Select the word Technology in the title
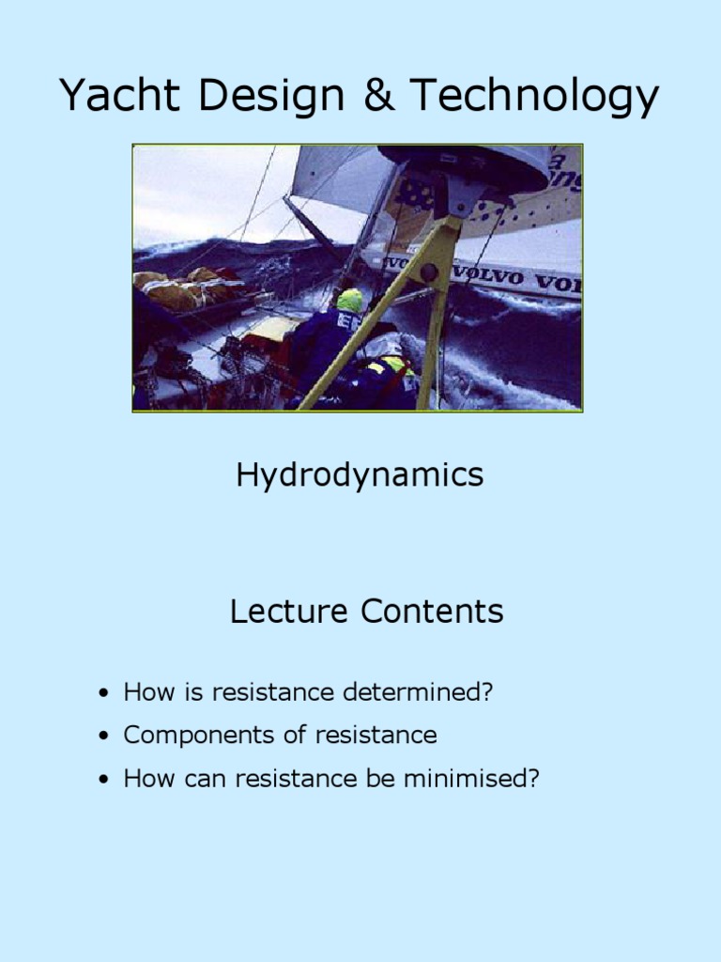coord(534,98)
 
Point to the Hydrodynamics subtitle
coord(360,475)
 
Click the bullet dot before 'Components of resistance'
coord(103,737)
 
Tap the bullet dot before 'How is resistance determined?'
coord(103,694)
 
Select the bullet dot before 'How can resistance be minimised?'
coord(103,780)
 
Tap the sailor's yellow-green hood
coord(349,301)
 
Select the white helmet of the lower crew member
coord(390,349)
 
